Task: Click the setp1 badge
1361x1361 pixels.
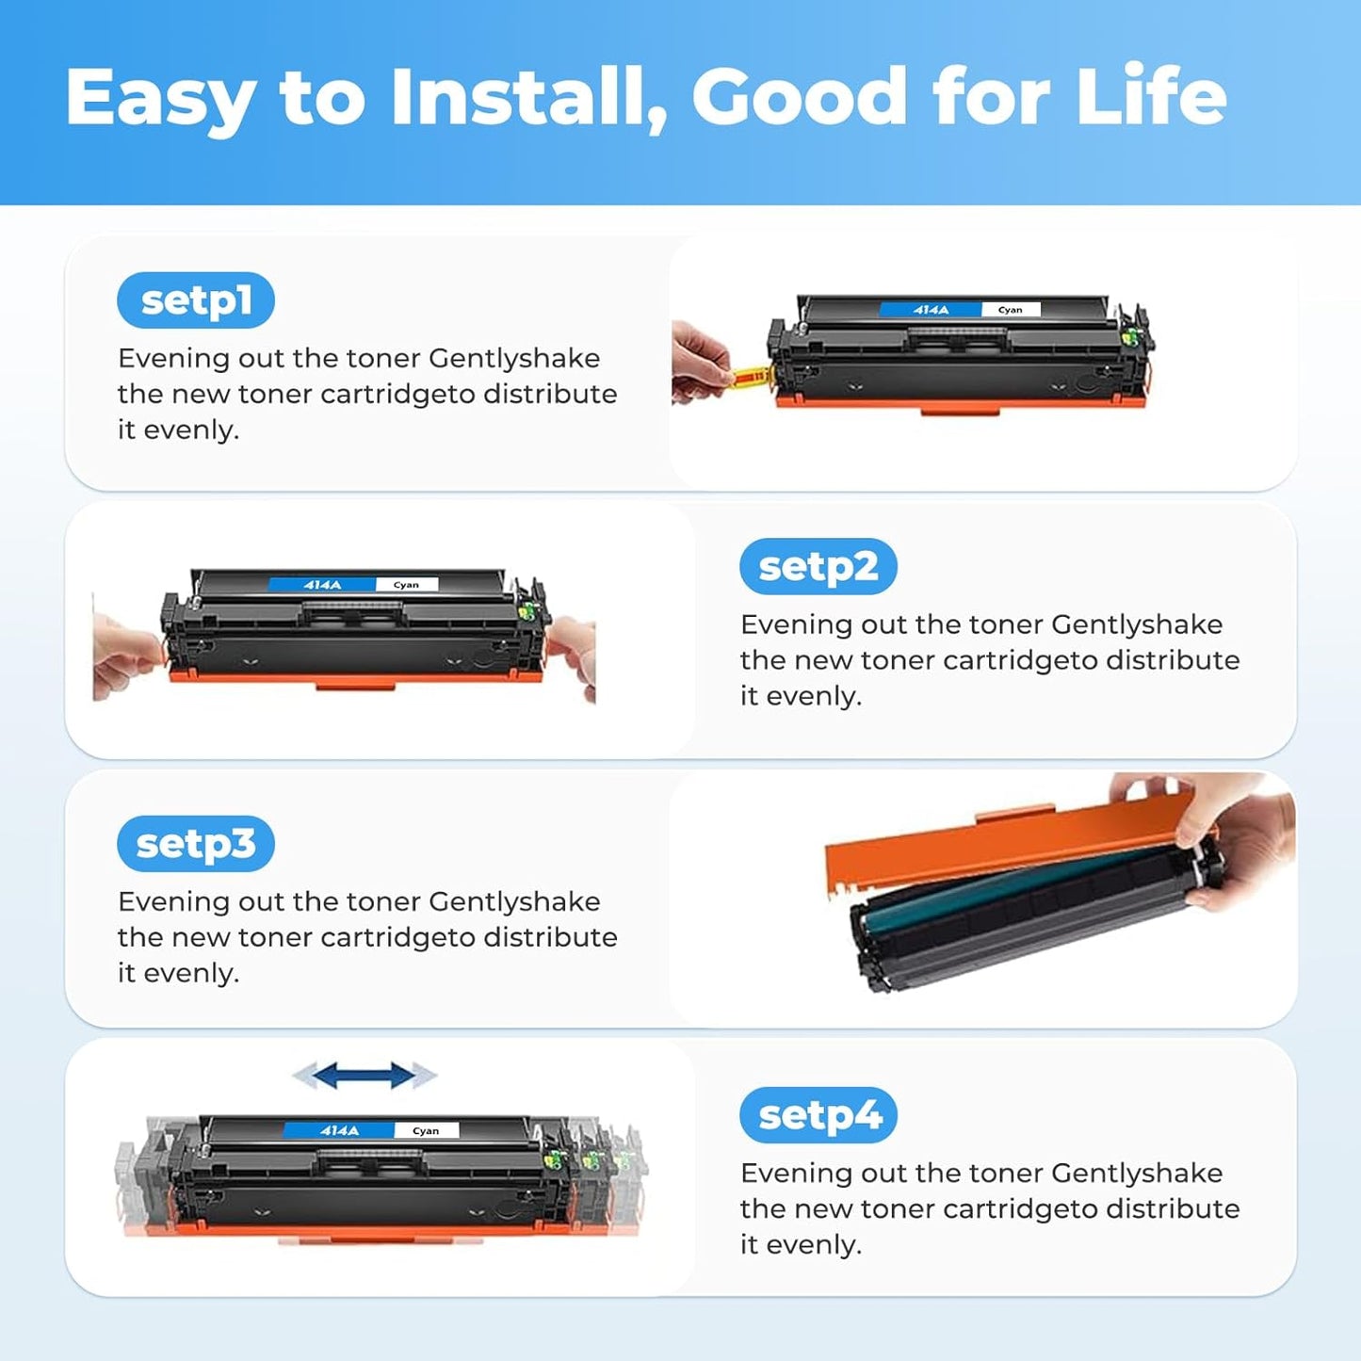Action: [x=196, y=300]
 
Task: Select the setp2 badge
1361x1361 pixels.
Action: [x=818, y=567]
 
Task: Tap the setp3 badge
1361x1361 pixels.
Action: [x=196, y=844]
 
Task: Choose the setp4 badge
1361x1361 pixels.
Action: [x=818, y=1115]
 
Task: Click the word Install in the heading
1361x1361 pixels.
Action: [x=528, y=98]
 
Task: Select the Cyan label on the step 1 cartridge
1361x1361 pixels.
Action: [x=1010, y=310]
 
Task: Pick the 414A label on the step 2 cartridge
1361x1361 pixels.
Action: [x=322, y=585]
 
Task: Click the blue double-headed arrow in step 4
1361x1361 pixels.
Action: [x=365, y=1075]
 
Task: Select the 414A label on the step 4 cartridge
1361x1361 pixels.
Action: [x=339, y=1130]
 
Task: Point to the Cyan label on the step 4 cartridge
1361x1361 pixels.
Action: [x=426, y=1130]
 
